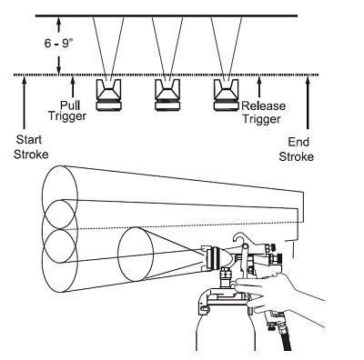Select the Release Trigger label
[x=264, y=113]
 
